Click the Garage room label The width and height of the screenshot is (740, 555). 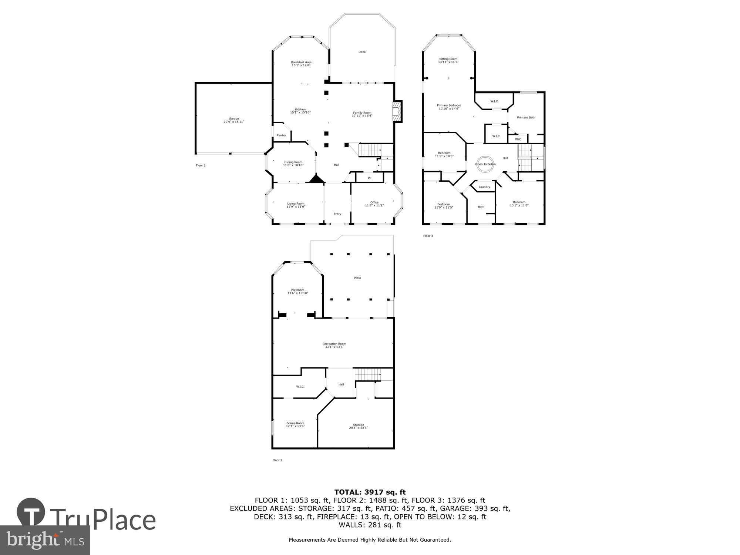[234, 119]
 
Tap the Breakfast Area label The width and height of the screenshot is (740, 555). [301, 62]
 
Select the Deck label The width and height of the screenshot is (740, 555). [362, 52]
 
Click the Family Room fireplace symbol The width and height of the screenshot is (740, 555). [397, 112]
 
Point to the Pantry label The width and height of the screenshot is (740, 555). [281, 135]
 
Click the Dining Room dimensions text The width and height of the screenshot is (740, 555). [293, 165]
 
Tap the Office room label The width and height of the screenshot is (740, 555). [374, 202]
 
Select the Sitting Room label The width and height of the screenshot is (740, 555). [448, 59]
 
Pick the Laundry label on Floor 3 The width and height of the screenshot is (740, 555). [484, 187]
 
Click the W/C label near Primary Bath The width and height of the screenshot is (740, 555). [518, 139]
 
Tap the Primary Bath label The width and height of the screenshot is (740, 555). [526, 118]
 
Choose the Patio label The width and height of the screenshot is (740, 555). [357, 278]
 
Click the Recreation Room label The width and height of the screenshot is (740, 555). [334, 344]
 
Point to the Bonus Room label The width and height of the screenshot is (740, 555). [295, 423]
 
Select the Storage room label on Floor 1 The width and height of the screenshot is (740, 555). [358, 425]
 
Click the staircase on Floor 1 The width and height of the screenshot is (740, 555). [368, 374]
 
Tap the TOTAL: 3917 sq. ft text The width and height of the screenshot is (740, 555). [370, 492]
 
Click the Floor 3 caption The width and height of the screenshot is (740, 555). [428, 236]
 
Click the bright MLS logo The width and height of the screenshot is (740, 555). [45, 540]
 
